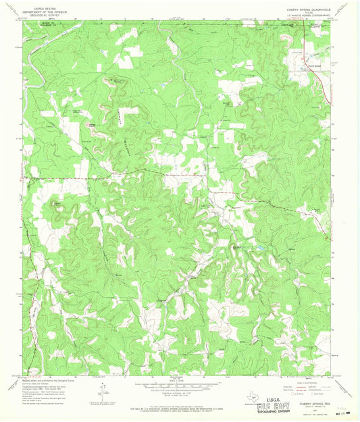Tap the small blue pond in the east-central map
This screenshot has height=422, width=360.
pyautogui.click(x=259, y=251)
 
